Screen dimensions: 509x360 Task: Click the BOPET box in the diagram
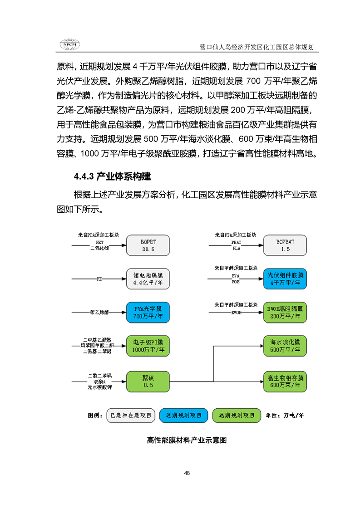(x=148, y=245)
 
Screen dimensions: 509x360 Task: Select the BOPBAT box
(x=285, y=245)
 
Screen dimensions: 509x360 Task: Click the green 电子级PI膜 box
(x=148, y=346)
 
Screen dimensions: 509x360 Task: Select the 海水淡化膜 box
(x=285, y=346)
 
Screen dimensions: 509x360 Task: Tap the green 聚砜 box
(x=148, y=381)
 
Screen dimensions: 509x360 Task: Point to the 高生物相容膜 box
(x=285, y=381)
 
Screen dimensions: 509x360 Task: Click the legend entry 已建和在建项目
(x=131, y=415)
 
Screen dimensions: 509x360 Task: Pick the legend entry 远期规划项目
(x=237, y=415)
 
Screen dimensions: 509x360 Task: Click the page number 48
(x=187, y=473)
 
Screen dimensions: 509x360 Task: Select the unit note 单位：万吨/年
(x=285, y=415)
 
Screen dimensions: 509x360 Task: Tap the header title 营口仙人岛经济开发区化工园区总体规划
(x=257, y=47)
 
